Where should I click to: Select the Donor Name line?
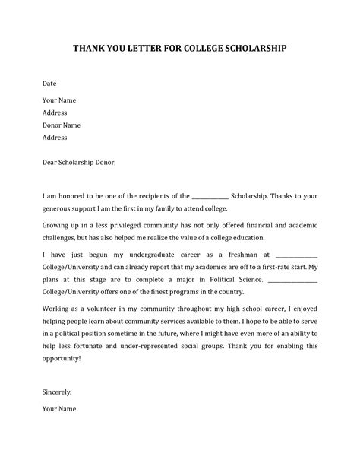point(62,125)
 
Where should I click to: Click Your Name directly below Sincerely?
point(59,430)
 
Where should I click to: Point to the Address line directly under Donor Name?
point(55,138)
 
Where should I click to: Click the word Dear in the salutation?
point(50,162)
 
